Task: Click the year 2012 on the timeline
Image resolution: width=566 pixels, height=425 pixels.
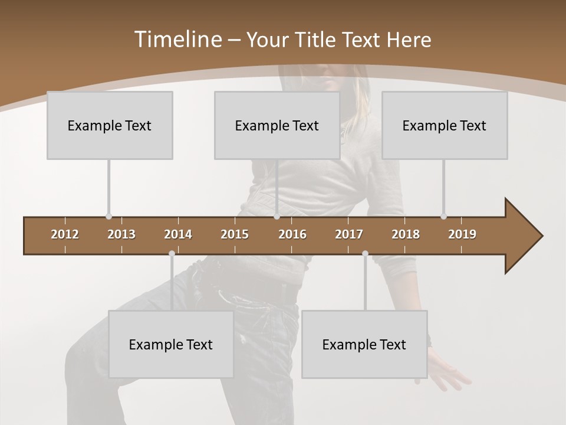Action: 65,234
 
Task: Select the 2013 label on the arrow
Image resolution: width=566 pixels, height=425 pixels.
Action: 121,234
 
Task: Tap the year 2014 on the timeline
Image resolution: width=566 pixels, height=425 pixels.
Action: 178,234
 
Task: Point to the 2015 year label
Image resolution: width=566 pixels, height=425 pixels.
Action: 235,234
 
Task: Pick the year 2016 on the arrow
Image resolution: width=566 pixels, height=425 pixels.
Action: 292,234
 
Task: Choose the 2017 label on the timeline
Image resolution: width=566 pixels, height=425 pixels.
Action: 349,234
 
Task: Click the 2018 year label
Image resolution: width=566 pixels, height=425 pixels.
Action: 406,234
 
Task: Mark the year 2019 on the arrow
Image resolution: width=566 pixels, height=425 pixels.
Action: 462,234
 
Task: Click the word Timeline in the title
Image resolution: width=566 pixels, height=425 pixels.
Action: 177,40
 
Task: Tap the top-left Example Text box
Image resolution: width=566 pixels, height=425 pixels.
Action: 110,125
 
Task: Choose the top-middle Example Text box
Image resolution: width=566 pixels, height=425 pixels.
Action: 277,125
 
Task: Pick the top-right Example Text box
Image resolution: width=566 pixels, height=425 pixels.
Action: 445,125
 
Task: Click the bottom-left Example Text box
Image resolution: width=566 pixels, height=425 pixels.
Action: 171,344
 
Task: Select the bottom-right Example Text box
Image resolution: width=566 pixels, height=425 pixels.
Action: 364,344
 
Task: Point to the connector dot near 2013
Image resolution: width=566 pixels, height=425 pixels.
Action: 108,217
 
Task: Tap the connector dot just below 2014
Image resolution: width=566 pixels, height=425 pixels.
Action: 172,254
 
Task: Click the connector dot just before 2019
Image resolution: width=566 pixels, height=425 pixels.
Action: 443,217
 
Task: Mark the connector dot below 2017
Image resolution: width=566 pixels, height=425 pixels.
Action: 365,254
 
